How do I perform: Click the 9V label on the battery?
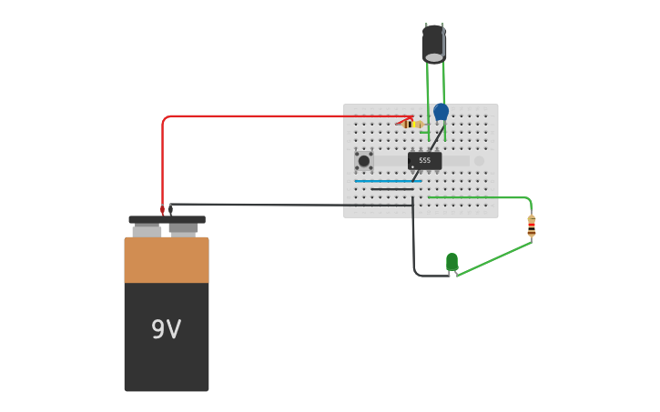pyautogui.click(x=166, y=329)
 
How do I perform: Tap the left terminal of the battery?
pyautogui.click(x=147, y=230)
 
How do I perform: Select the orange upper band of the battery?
pyautogui.click(x=167, y=260)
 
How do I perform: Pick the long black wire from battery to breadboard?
pyautogui.click(x=291, y=205)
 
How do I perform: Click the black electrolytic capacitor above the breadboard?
pyautogui.click(x=434, y=43)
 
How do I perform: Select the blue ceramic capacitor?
pyautogui.click(x=441, y=111)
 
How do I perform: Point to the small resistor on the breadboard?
pyautogui.click(x=411, y=124)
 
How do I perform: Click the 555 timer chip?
pyautogui.click(x=425, y=160)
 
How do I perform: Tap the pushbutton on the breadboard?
pyautogui.click(x=364, y=161)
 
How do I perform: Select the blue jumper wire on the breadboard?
pyautogui.click(x=387, y=181)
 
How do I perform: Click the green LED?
pyautogui.click(x=452, y=262)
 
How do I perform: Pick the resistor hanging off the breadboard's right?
pyautogui.click(x=532, y=226)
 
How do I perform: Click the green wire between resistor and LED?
pyautogui.click(x=493, y=258)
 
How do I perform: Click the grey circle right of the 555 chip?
pyautogui.click(x=479, y=161)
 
